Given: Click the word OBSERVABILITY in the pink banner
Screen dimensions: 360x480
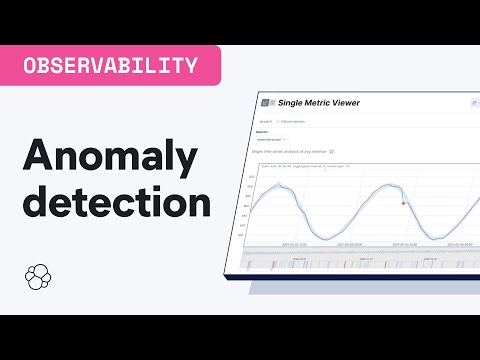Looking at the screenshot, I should tap(110, 66).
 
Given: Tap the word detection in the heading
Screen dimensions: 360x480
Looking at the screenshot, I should tap(117, 202).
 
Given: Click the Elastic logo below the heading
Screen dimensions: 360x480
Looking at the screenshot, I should tap(36, 277).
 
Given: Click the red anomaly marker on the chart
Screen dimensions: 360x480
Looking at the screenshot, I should tap(403, 203).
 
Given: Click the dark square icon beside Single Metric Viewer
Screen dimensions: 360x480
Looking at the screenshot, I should tap(267, 103).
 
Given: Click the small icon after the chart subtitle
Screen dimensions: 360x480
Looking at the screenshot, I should tap(332, 152).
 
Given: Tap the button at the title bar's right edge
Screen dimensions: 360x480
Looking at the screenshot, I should tap(474, 103).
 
